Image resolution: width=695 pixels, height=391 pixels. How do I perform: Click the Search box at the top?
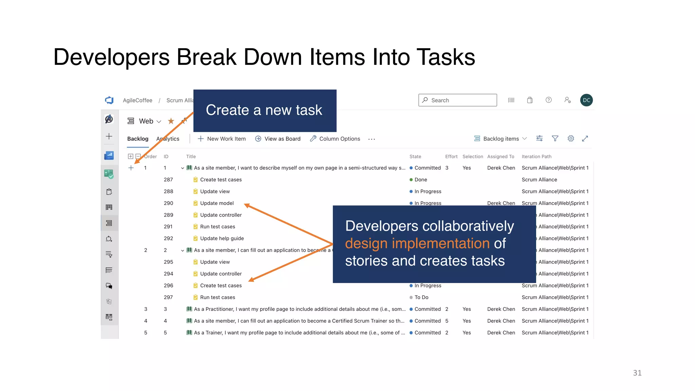click(457, 100)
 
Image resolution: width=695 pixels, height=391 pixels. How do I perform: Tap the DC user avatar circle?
click(586, 100)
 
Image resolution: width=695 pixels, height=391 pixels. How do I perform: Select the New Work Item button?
click(222, 139)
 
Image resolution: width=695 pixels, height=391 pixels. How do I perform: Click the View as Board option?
click(278, 139)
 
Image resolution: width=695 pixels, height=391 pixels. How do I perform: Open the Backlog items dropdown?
click(501, 139)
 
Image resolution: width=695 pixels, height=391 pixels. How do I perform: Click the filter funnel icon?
click(555, 138)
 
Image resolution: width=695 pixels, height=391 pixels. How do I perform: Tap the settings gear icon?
click(571, 138)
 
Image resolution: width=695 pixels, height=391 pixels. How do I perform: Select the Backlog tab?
click(137, 139)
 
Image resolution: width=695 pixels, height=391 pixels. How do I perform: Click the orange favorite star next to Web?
click(171, 121)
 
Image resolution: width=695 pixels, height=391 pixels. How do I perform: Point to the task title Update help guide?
click(222, 238)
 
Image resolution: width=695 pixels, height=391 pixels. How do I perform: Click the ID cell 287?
click(168, 180)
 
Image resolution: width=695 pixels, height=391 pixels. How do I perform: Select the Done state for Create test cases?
click(420, 180)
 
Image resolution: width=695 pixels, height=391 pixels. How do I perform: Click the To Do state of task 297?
click(421, 297)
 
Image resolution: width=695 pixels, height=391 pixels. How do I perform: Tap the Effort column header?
click(451, 156)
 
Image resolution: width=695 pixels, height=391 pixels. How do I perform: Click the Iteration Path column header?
click(536, 156)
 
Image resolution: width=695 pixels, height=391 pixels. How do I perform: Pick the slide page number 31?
click(637, 373)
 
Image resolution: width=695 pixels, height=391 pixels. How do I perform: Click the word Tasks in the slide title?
click(446, 57)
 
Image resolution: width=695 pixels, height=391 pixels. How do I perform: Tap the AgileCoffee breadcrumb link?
click(137, 100)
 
